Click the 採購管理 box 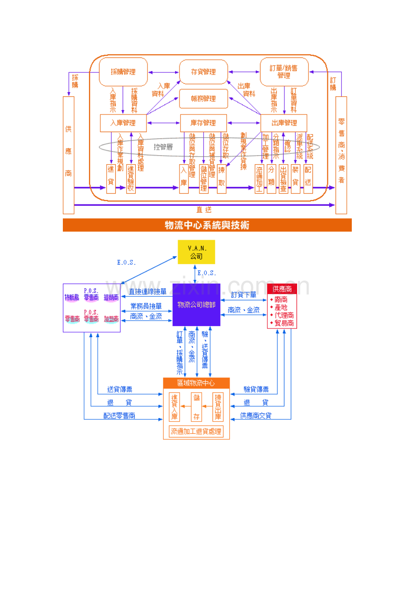pos(123,71)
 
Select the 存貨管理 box pos(203,72)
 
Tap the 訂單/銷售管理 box pos(284,71)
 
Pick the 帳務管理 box pos(203,99)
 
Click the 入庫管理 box pos(123,123)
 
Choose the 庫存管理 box pos(203,123)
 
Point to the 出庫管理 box pos(284,123)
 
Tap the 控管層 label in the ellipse pos(163,147)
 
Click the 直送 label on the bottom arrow pos(203,209)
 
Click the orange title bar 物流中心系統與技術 pos(207,225)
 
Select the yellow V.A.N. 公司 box pos(196,252)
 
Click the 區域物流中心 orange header pos(196,383)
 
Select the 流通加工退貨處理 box pos(196,432)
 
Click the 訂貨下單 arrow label pos(244,294)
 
